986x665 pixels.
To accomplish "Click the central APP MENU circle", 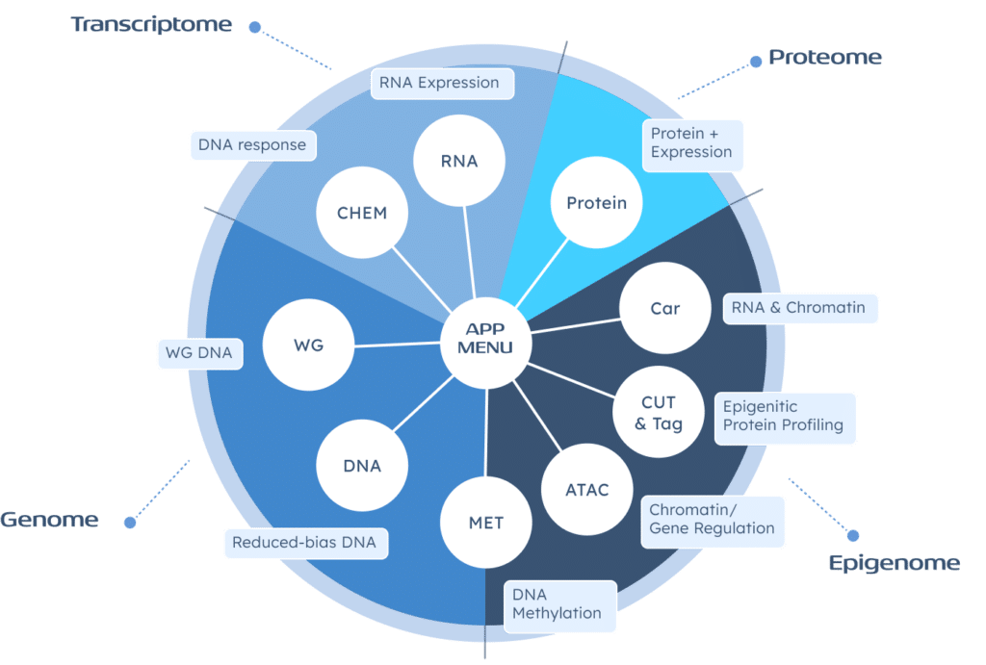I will (x=486, y=338).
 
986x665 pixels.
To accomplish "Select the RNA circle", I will (x=459, y=161).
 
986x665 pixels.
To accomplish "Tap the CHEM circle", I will (x=362, y=214).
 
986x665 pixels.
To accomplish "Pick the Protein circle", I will (x=596, y=203).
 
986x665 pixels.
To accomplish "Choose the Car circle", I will (x=664, y=309).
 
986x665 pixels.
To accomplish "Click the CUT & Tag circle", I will (x=659, y=413).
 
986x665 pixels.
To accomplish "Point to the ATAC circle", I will (x=587, y=490).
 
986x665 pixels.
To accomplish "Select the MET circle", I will (x=486, y=524).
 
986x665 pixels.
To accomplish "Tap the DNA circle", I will (x=362, y=466).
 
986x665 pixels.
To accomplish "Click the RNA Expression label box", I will (x=440, y=83).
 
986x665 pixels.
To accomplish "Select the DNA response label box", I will (x=252, y=146).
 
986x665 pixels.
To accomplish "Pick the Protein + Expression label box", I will (x=691, y=143).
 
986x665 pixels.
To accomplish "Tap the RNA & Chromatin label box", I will (x=798, y=308).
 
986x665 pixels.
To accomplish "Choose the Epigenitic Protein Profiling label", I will (x=784, y=417).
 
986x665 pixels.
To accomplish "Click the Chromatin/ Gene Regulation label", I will (x=713, y=520).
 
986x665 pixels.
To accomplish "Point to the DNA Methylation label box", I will (x=558, y=605).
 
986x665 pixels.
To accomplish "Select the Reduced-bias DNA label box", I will (x=304, y=542).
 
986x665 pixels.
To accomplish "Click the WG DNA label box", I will (x=198, y=353).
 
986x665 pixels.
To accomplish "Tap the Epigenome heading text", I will (x=894, y=563).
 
